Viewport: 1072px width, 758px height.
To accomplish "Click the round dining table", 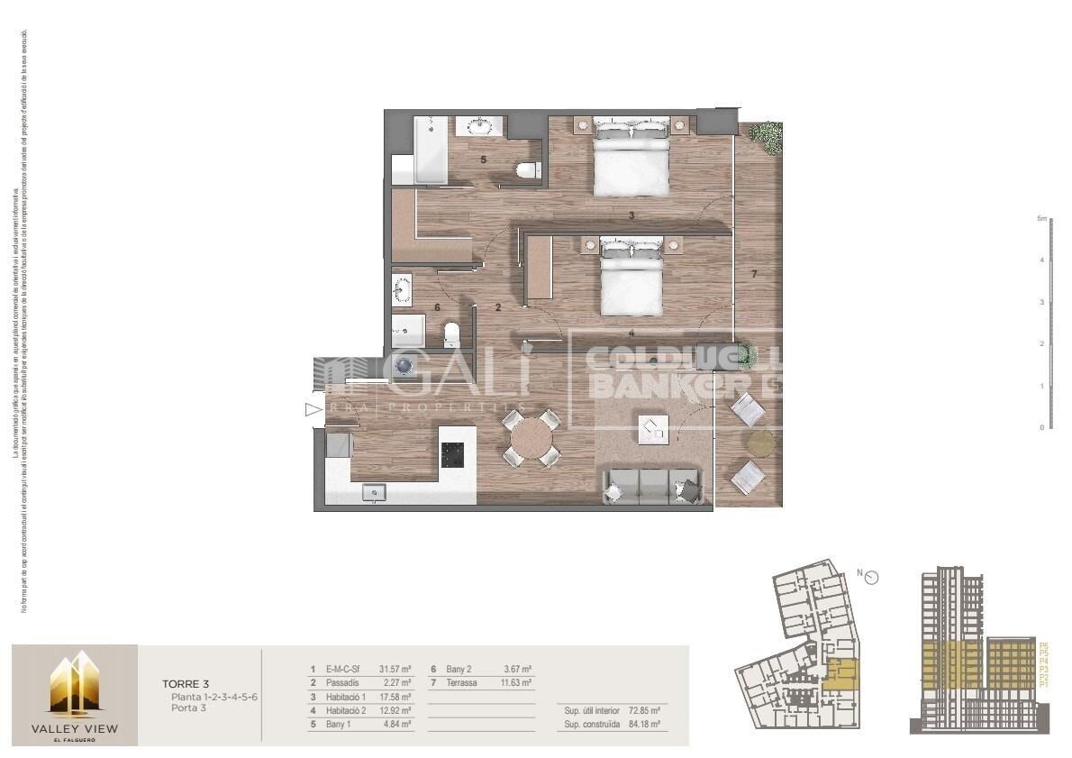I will tap(531, 439).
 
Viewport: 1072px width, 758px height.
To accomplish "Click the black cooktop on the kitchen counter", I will tap(457, 447).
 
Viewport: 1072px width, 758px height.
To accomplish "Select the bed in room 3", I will tap(631, 162).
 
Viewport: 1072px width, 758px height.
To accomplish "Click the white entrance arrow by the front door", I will tap(313, 411).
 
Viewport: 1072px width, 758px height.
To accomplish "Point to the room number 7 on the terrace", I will tap(755, 273).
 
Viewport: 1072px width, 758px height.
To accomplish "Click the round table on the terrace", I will tap(761, 442).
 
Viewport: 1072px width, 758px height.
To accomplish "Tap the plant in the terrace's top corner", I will tap(766, 135).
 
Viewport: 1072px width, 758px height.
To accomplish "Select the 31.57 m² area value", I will tap(395, 670).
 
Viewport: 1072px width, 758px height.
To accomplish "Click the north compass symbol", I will tap(872, 578).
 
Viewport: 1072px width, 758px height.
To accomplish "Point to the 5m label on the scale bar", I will tap(1041, 218).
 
